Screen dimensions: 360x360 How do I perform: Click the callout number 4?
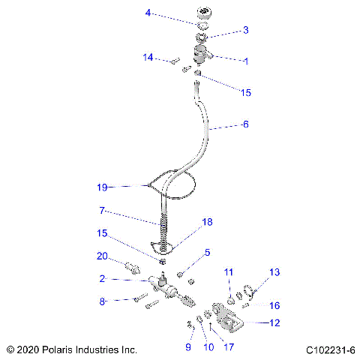[x=148, y=12]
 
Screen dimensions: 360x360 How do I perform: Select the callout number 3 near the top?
[x=244, y=30]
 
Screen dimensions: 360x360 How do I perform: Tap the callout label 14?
[x=148, y=57]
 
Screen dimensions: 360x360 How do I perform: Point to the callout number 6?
[x=244, y=124]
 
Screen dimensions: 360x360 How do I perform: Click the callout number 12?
[x=274, y=323]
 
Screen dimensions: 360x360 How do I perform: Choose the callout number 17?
[x=229, y=347]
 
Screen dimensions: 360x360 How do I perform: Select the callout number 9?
[x=188, y=347]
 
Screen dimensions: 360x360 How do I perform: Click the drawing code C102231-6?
[x=330, y=350]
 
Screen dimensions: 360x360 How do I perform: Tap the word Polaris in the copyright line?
[x=57, y=350]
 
